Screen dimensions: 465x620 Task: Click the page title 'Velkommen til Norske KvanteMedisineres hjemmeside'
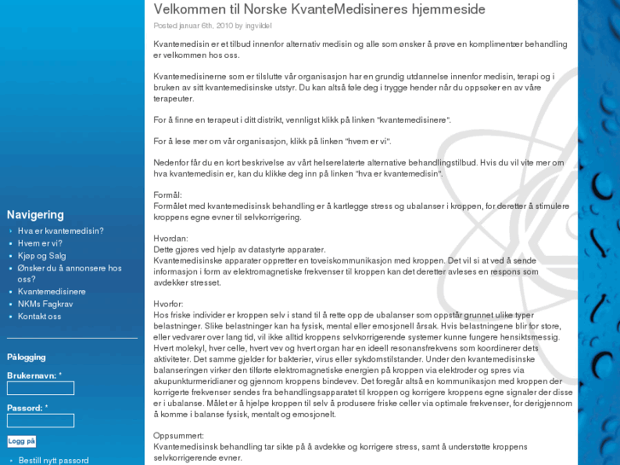(x=319, y=9)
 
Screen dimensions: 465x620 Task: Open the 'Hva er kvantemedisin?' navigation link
(x=61, y=231)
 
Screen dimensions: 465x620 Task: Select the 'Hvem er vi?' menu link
(x=40, y=243)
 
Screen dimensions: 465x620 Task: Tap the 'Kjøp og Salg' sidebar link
(x=42, y=255)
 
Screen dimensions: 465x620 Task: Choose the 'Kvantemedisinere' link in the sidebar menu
(x=52, y=292)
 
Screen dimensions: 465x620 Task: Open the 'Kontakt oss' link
(x=39, y=317)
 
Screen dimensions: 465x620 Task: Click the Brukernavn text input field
(x=40, y=388)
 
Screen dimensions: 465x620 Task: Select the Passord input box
(x=40, y=421)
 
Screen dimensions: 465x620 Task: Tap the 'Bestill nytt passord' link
(x=53, y=460)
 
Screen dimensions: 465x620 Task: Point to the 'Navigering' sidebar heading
(x=35, y=215)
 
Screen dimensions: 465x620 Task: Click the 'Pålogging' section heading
(x=26, y=357)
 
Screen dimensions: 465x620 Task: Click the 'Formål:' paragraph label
(x=167, y=195)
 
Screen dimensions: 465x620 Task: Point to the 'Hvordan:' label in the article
(x=169, y=239)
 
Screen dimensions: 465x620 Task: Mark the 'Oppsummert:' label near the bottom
(x=178, y=435)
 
